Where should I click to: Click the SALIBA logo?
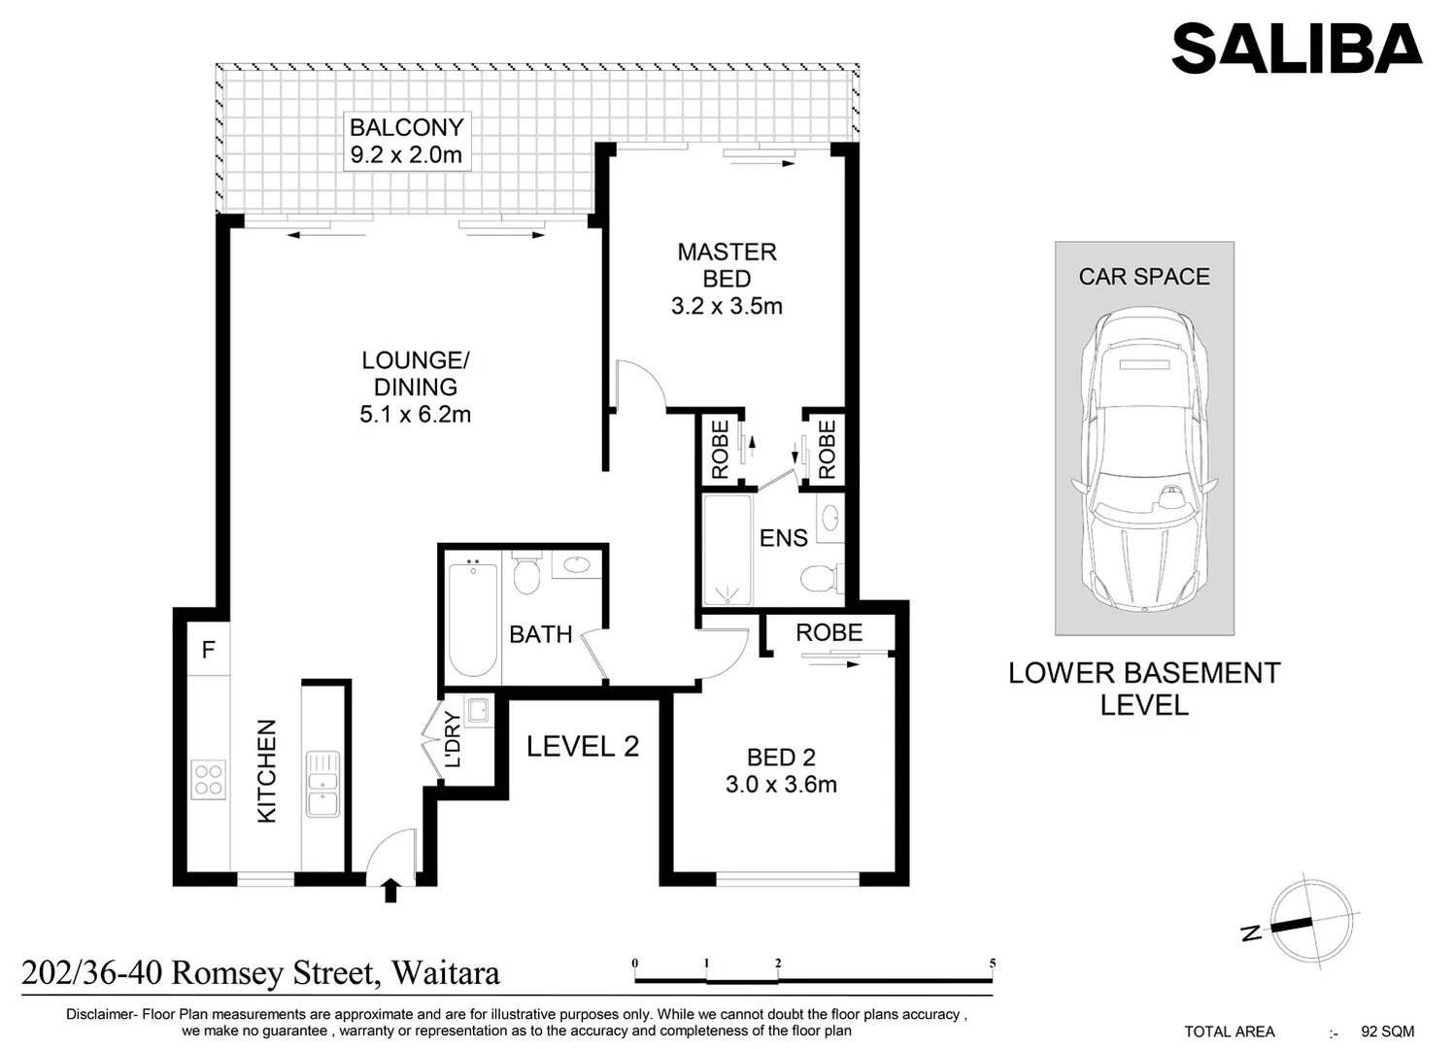pos(1296,49)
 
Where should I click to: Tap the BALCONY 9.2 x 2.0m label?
pos(406,141)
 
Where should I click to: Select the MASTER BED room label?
pos(727,265)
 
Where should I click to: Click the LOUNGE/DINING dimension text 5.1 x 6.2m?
pos(415,415)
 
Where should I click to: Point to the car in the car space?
pos(1143,461)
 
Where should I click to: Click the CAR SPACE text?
pos(1143,277)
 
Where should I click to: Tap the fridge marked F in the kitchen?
pos(208,650)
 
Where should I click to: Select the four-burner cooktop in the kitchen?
pos(208,779)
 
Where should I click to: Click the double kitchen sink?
pos(322,784)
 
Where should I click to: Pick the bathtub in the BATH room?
pos(473,618)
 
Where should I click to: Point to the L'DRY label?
pos(453,740)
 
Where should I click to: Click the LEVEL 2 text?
pos(583,747)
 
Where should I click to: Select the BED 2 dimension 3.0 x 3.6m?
pos(781,785)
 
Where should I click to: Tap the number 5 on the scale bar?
pos(993,964)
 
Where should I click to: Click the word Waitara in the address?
pos(445,972)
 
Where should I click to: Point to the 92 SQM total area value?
pos(1387,1032)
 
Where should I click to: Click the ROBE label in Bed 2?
pos(828,633)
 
